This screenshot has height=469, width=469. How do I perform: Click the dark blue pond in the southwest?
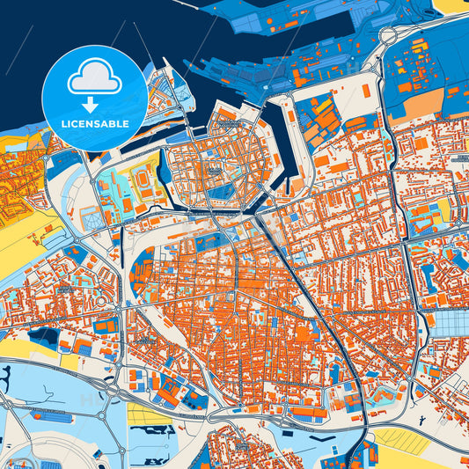tap(40, 334)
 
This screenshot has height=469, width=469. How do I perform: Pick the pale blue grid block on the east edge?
tap(451, 325)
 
